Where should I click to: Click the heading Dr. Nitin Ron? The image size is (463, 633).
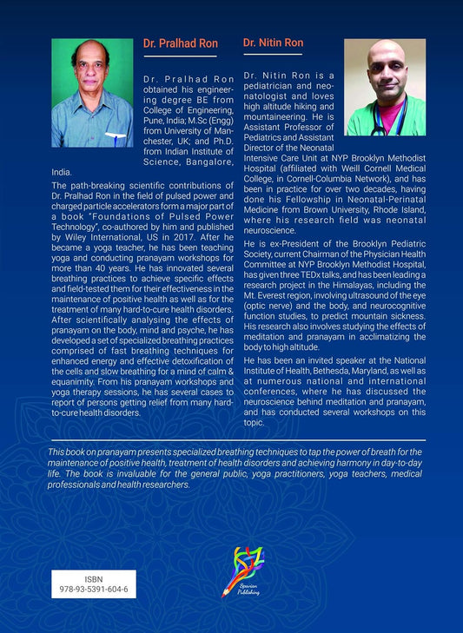tap(273, 43)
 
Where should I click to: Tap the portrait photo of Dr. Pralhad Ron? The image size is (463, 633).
tap(92, 93)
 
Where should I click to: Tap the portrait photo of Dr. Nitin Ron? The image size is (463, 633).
tap(385, 87)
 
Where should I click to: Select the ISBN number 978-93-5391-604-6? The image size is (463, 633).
tap(94, 590)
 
